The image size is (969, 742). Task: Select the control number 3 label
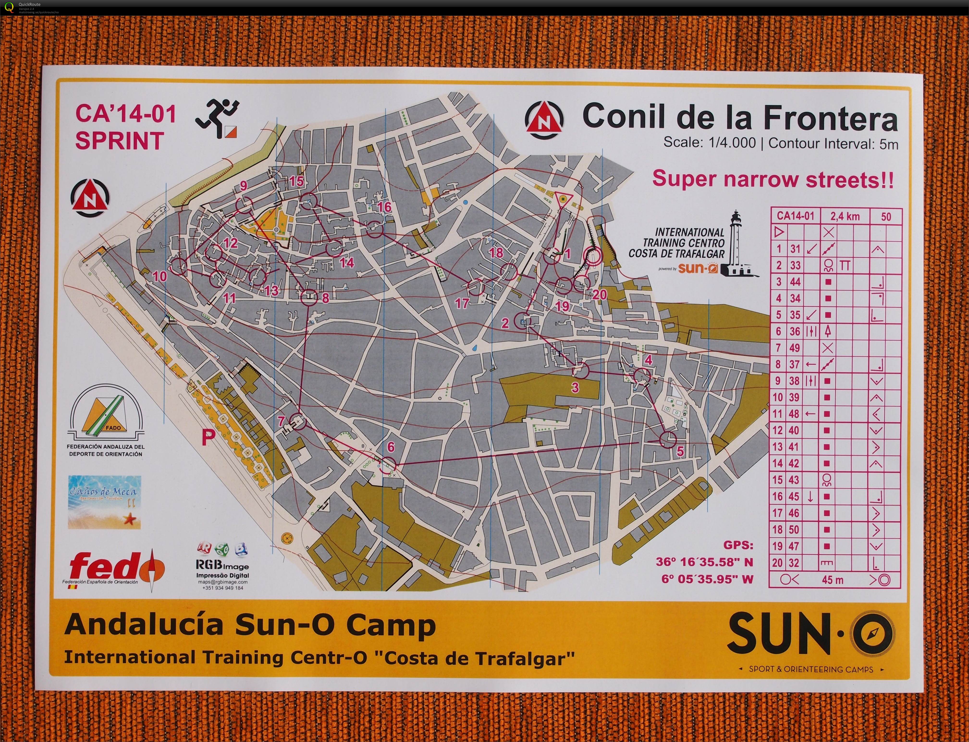click(x=575, y=388)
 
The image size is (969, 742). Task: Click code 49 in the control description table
click(x=795, y=348)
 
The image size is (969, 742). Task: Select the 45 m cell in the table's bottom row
click(x=833, y=579)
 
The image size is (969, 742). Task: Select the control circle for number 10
click(x=179, y=267)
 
